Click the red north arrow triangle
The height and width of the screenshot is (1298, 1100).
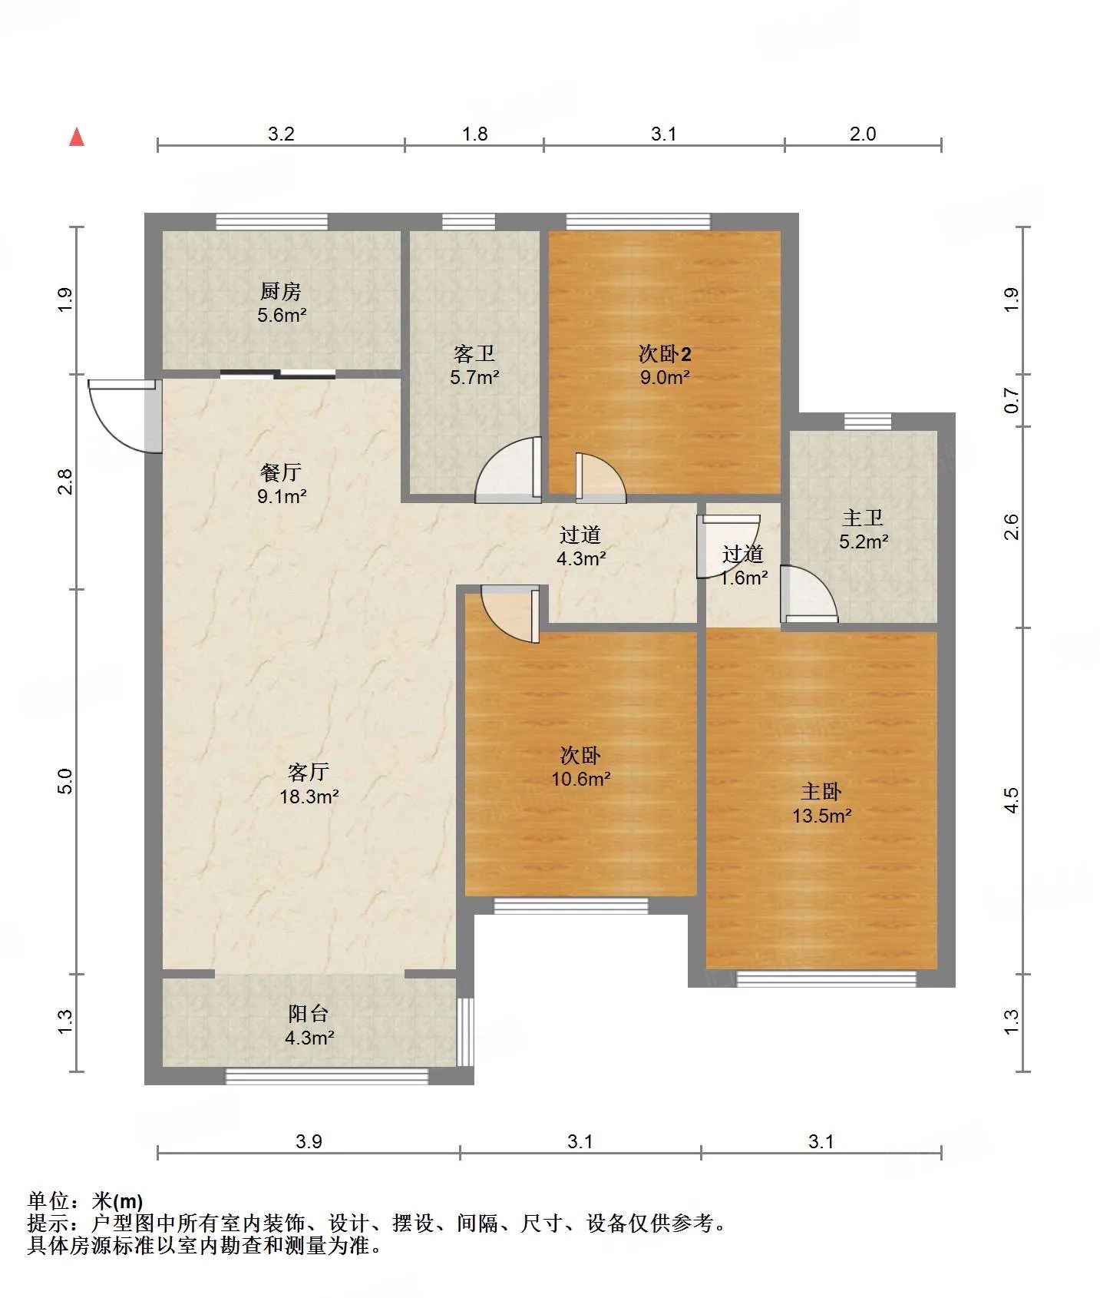[77, 137]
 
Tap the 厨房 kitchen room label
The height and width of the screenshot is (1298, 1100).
[281, 291]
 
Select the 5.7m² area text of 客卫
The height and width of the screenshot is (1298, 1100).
[474, 377]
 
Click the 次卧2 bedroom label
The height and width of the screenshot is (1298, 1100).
[665, 353]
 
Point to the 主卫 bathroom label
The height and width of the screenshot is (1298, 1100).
[863, 518]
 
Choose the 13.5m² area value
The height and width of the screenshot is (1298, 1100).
[821, 816]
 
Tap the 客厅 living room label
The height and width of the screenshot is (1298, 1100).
[309, 771]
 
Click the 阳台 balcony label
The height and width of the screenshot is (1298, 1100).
[309, 1013]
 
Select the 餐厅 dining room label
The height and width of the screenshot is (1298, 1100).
[281, 472]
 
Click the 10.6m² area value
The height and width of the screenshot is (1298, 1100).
[581, 779]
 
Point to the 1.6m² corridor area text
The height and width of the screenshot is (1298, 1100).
[744, 578]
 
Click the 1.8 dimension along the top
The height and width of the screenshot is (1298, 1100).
[474, 134]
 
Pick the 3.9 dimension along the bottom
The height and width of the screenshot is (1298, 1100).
[309, 1141]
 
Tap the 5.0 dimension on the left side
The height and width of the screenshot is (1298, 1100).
[65, 781]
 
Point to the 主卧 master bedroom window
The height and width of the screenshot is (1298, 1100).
[826, 978]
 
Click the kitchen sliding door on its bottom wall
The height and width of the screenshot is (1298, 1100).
[277, 375]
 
